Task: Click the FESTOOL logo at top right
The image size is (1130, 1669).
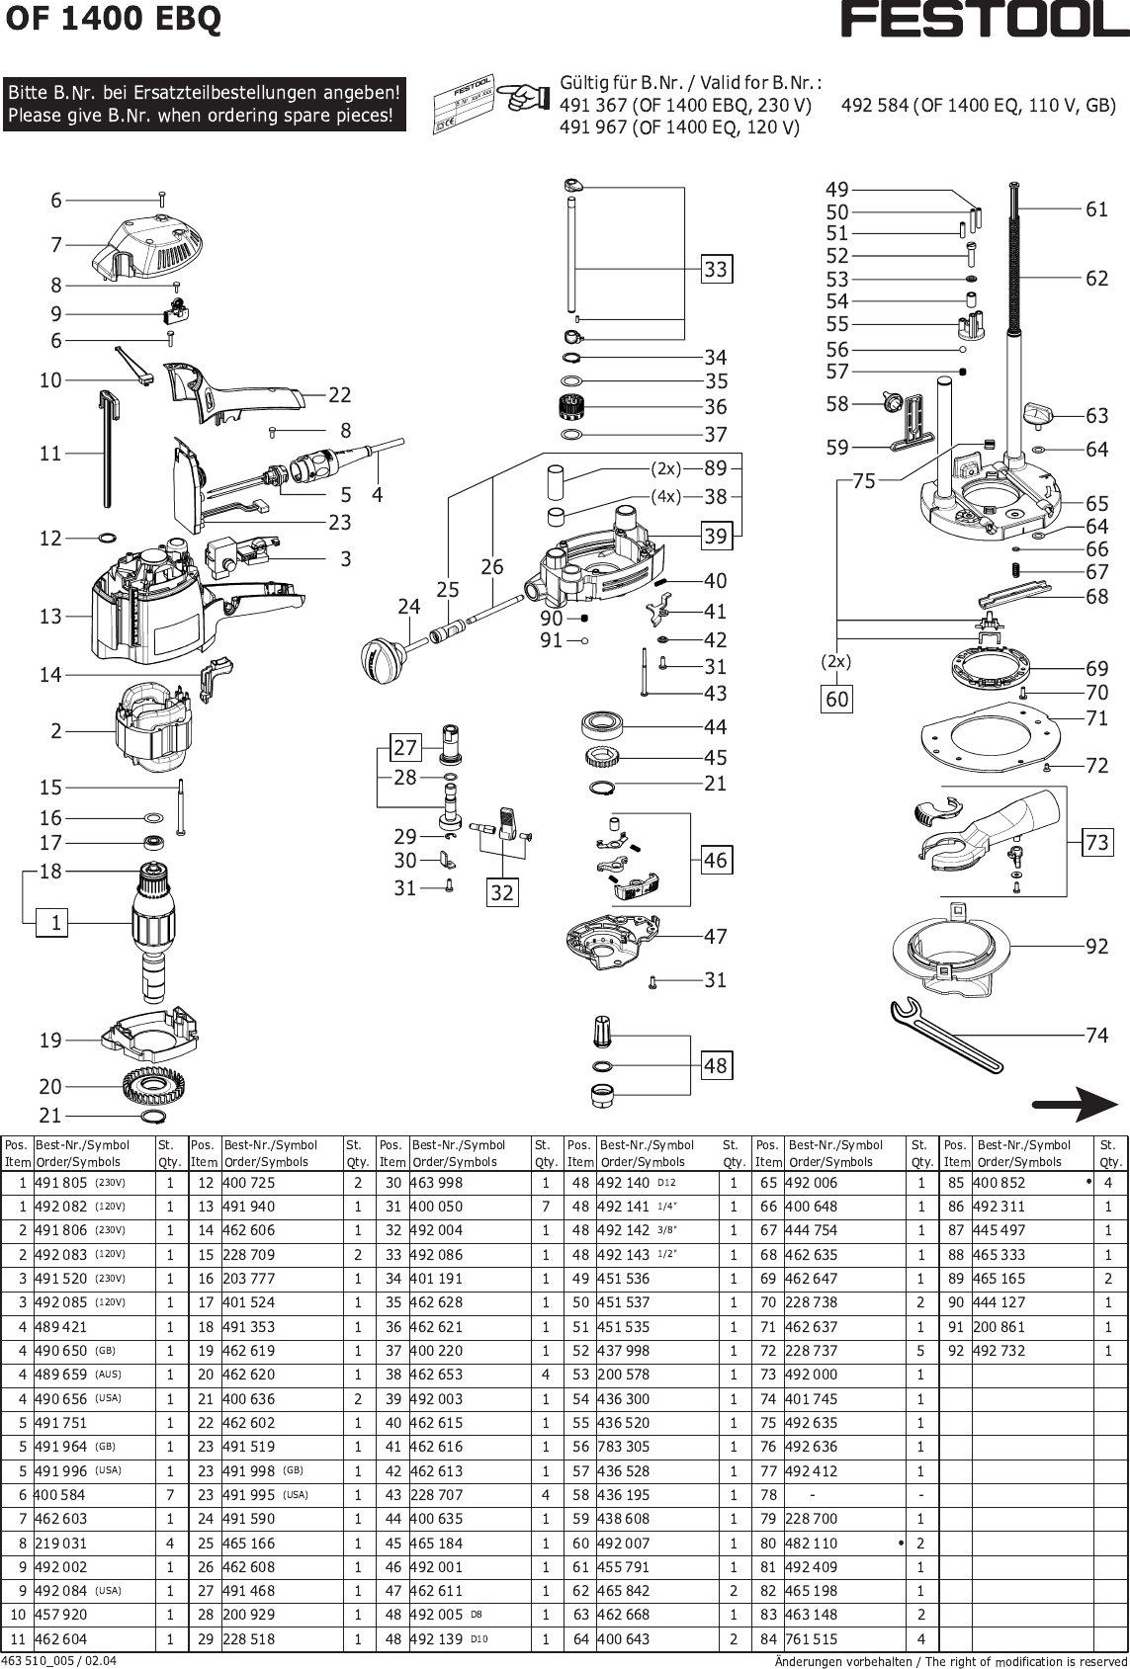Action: coord(984,20)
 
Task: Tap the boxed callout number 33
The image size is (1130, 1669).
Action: coord(716,269)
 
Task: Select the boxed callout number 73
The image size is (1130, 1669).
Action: coord(1097,842)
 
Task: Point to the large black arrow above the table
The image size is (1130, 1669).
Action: coord(1074,1104)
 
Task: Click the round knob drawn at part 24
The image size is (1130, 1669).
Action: coord(383,656)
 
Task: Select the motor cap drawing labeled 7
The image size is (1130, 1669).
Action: coord(144,245)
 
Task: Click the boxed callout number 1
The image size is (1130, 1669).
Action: coord(56,923)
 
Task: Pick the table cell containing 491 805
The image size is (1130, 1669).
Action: coord(61,1183)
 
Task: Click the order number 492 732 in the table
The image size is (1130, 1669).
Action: coord(1000,1351)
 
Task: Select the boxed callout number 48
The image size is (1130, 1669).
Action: coord(716,1065)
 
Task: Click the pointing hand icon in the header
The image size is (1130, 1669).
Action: coord(521,98)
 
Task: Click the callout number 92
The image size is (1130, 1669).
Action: coord(1097,947)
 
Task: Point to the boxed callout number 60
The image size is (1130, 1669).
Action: coord(837,700)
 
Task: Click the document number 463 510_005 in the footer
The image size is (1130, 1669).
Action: coord(59,1660)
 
